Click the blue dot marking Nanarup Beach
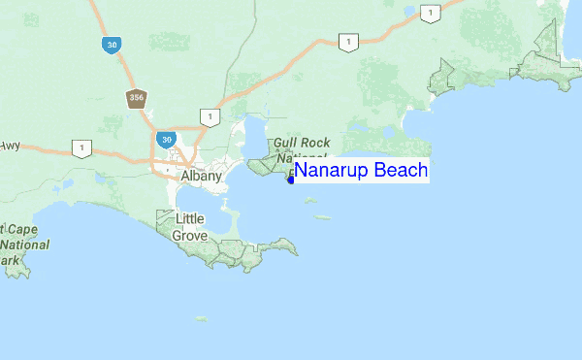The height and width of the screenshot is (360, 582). point(290,179)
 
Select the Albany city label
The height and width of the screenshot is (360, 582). point(202,177)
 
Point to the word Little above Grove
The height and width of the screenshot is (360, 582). point(189,219)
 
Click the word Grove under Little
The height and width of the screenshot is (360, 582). point(190,235)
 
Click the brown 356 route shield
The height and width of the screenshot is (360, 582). point(135,98)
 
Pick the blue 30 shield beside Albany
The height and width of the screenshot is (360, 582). point(168,140)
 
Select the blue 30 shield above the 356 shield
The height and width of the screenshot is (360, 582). point(112,45)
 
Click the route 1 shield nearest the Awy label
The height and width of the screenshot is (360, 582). point(81,148)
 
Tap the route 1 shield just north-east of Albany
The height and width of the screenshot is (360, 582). point(208,116)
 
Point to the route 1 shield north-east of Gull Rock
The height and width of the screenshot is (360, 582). point(346,41)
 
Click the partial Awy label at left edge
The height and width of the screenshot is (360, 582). point(10,146)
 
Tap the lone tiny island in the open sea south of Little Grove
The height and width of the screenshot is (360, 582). point(201,317)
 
